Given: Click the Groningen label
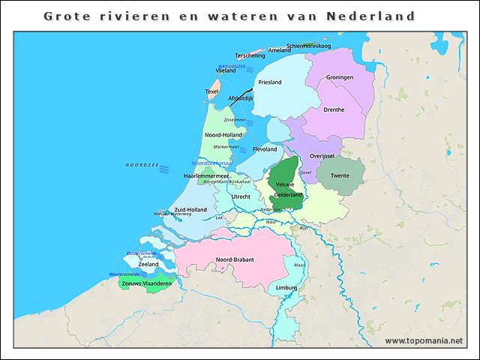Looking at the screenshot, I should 340,77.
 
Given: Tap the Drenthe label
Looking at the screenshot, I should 334,109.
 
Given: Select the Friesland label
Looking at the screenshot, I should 270,82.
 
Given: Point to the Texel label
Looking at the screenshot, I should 212,91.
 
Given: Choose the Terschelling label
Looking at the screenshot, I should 250,55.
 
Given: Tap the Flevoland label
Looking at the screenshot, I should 265,149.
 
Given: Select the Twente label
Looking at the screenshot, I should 340,175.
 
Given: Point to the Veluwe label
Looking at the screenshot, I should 285,184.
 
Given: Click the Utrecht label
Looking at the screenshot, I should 241,196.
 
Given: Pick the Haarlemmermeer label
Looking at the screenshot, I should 205,175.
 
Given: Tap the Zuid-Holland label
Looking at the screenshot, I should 190,209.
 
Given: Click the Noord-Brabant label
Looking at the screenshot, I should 235,259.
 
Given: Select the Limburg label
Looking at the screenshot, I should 286,287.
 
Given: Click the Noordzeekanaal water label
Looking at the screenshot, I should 211,163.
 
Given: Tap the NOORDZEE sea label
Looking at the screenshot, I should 142,165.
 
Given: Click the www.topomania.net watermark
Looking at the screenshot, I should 424,340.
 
